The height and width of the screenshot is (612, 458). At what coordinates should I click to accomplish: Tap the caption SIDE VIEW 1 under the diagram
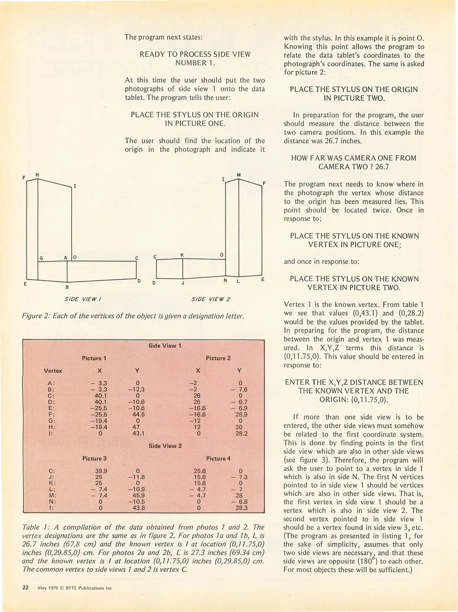(x=83, y=299)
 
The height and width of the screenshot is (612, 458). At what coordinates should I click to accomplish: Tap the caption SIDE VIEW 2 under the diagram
(x=211, y=299)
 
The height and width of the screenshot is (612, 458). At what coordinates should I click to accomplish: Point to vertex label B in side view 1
(x=67, y=287)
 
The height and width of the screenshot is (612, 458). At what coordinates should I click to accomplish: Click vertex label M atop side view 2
(x=239, y=175)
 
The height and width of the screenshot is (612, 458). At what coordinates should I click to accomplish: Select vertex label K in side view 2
(x=182, y=255)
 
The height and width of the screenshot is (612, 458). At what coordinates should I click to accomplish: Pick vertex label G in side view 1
(x=41, y=258)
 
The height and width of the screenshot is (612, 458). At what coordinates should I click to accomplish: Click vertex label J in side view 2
(x=183, y=283)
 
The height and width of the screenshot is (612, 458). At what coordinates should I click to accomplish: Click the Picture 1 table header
(x=94, y=358)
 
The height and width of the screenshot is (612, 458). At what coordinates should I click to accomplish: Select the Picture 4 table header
(x=218, y=458)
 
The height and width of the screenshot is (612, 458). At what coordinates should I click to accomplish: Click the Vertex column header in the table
(x=53, y=371)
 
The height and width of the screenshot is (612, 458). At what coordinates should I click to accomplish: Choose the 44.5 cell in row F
(x=138, y=415)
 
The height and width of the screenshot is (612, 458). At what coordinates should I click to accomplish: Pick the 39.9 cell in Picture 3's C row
(x=101, y=471)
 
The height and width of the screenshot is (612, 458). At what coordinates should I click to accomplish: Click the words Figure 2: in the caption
(x=36, y=316)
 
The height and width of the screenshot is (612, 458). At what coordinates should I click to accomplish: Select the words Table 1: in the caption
(x=35, y=527)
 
